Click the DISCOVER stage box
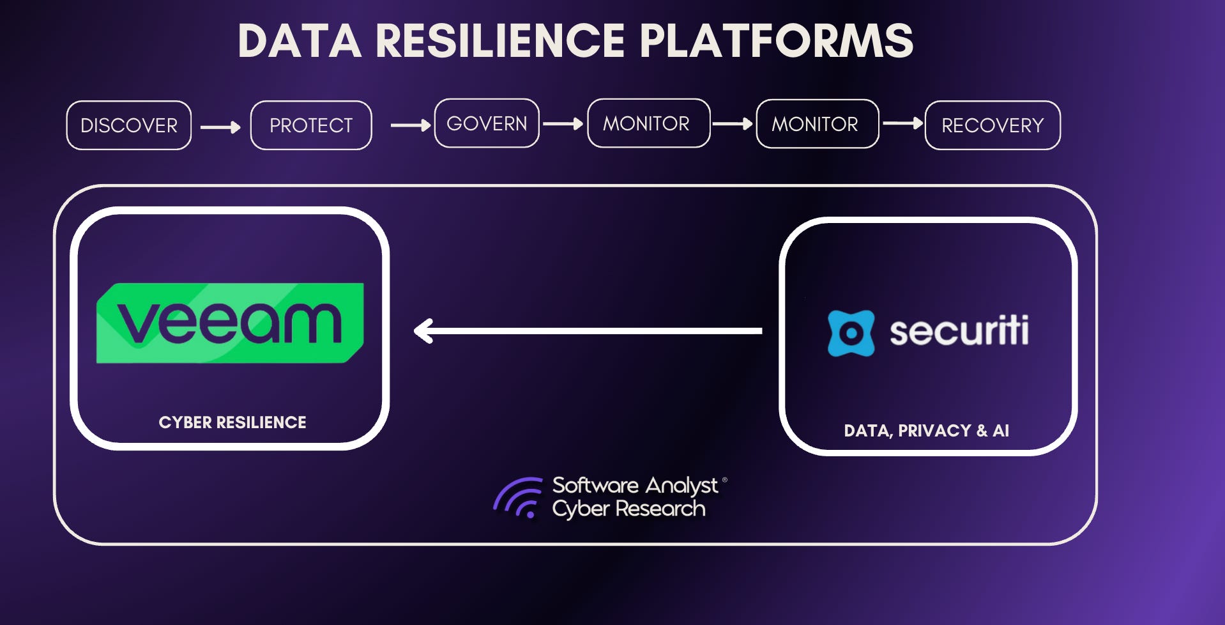[129, 125]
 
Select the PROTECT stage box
[311, 125]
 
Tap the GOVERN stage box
[487, 123]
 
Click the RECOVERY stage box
[993, 125]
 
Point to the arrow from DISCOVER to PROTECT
[220, 127]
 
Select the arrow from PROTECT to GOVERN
[410, 125]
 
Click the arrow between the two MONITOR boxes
[733, 123]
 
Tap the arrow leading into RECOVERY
[902, 123]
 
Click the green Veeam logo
[230, 323]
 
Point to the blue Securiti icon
[851, 333]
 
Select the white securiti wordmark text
[959, 331]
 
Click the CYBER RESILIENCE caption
[232, 422]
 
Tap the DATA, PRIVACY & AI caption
[926, 431]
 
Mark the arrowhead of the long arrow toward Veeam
[423, 331]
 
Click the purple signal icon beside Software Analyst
[518, 498]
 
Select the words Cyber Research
[628, 509]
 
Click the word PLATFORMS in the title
[776, 41]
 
